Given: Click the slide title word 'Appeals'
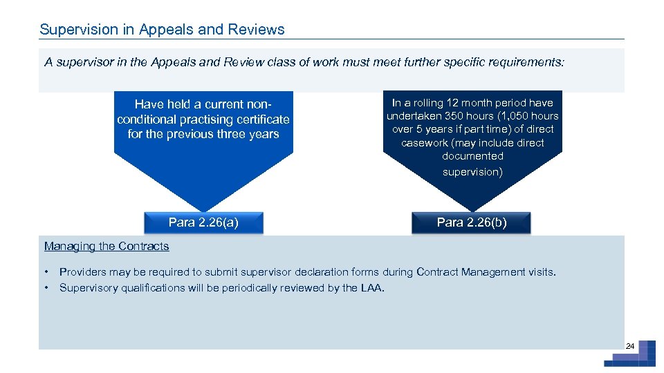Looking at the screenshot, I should click(x=162, y=30).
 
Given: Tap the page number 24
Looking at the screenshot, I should click(x=629, y=345).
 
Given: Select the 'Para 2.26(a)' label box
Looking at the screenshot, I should click(x=203, y=222).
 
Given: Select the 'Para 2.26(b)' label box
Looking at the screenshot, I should click(x=472, y=222).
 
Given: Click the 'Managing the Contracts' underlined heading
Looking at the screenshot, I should click(x=107, y=246).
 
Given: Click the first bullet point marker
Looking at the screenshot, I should click(x=46, y=272).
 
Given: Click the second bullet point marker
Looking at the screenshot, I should click(x=46, y=288).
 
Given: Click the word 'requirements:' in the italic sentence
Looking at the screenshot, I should click(x=530, y=62).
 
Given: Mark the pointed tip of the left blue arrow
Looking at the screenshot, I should click(x=203, y=209).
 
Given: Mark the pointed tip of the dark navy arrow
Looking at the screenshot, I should click(x=472, y=209).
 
